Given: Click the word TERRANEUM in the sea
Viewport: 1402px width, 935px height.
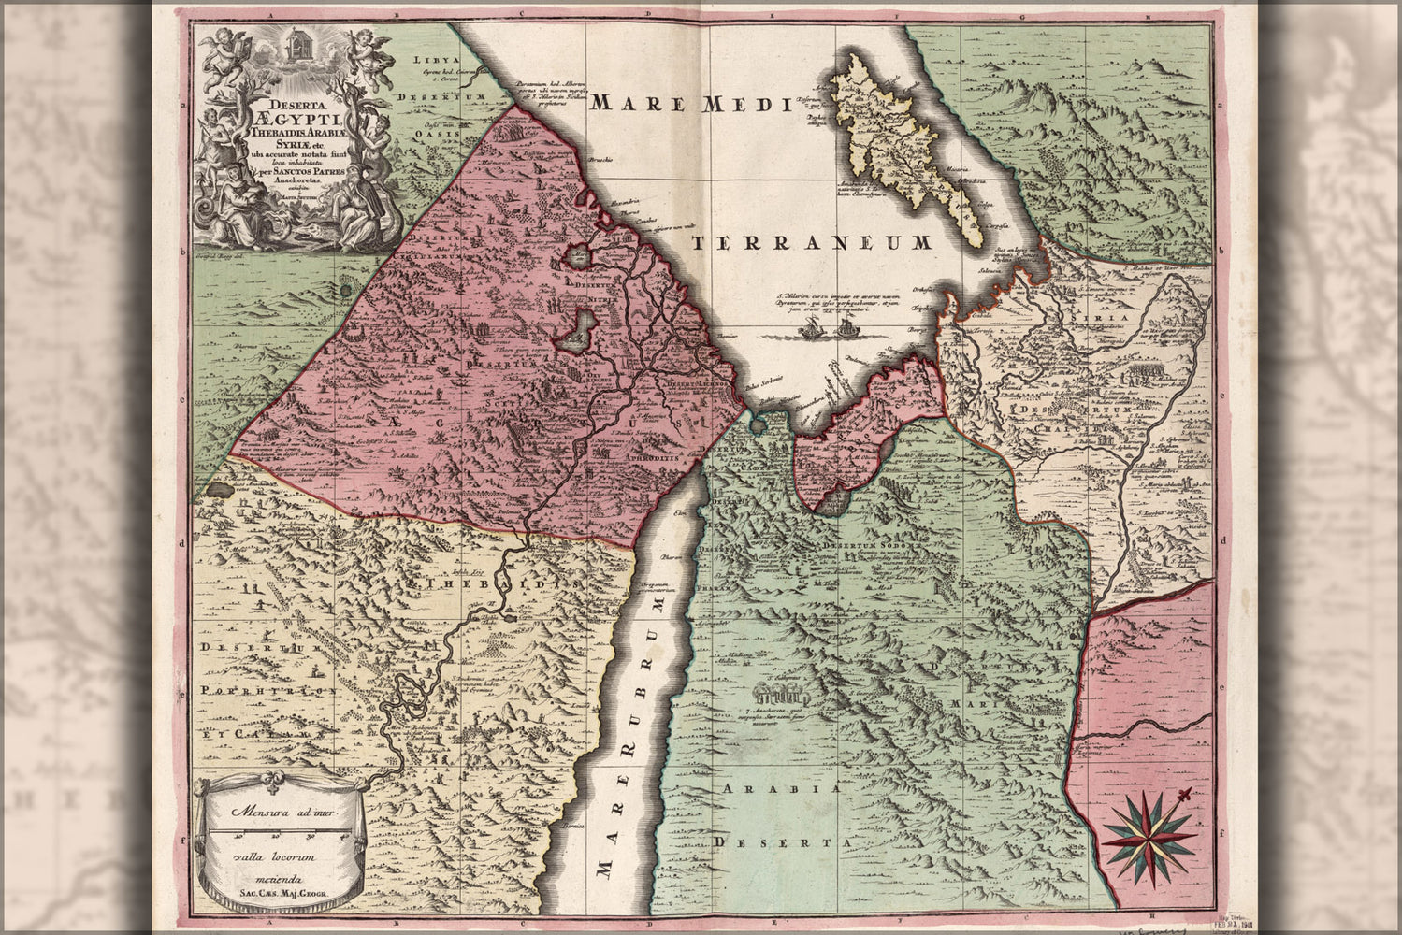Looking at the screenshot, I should tap(812, 243).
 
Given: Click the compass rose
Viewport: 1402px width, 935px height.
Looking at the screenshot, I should tap(1149, 835).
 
